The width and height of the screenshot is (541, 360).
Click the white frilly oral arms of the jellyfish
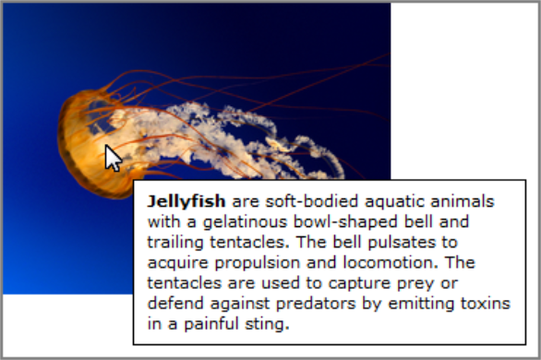(x=231, y=138)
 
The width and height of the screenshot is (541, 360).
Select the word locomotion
(x=368, y=263)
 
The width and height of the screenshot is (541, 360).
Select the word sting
(x=268, y=325)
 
